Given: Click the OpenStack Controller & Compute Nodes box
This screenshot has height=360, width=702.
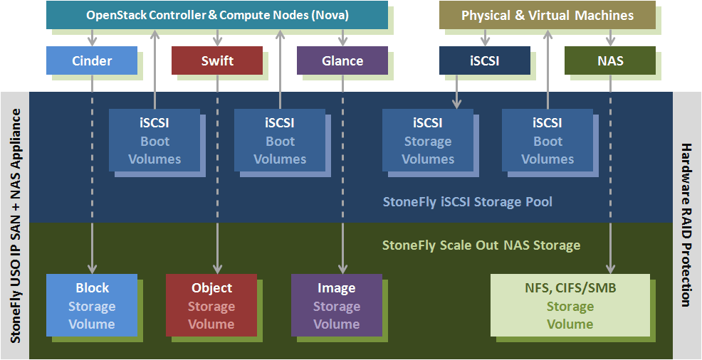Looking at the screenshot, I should (x=217, y=15).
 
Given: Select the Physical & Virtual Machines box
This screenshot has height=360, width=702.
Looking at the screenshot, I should (x=547, y=15).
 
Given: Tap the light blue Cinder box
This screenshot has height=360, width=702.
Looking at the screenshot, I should (x=92, y=60).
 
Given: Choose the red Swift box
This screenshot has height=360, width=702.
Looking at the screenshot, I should (x=217, y=60).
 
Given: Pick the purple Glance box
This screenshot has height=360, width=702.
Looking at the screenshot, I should (x=342, y=60).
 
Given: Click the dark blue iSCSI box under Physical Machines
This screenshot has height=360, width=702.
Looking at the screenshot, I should (x=485, y=60).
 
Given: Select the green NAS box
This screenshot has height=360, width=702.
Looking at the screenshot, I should (x=610, y=60).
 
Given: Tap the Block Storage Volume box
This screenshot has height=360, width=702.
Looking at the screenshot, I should (x=92, y=306).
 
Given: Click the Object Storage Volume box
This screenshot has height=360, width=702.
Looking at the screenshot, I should (x=211, y=306).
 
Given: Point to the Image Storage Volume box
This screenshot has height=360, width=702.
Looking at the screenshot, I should (x=337, y=306).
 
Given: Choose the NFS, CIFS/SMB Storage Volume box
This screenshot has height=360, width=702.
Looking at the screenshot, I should (x=570, y=306).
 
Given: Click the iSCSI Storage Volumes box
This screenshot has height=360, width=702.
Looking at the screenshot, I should (x=428, y=140).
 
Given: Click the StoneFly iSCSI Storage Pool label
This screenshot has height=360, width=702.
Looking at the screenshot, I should (x=468, y=201).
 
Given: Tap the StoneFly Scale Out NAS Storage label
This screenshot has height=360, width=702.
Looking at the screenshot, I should (x=481, y=245).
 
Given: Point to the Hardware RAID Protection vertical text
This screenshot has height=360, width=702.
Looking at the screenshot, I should (x=686, y=225).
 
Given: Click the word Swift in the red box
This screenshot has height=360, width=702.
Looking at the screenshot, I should (x=217, y=60).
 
